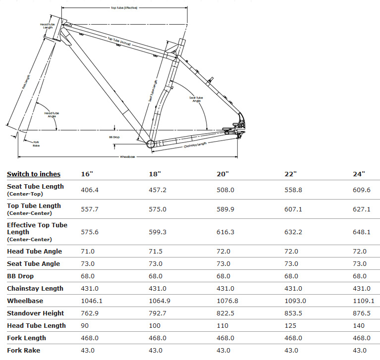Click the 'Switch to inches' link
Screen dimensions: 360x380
[34, 174]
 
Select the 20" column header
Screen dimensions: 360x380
[223, 174]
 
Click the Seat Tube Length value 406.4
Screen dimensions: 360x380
[90, 190]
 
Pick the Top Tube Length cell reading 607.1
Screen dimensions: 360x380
[294, 209]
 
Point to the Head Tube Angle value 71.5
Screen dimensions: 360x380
[157, 252]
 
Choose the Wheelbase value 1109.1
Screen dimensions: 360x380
[364, 301]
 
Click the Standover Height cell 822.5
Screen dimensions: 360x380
[225, 313]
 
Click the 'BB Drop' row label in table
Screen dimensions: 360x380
[20, 276]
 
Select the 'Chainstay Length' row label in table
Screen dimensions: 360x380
[35, 288]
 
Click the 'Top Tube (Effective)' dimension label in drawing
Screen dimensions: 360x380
[124, 8]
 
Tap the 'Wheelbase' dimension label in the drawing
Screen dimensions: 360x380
[127, 156]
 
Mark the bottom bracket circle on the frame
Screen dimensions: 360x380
[151, 144]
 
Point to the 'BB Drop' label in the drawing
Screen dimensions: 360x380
[115, 137]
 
